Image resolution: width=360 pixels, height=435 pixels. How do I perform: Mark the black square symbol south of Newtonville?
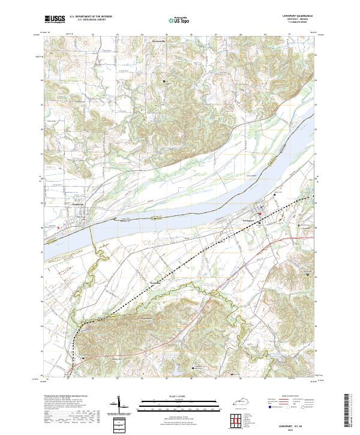point(164,80)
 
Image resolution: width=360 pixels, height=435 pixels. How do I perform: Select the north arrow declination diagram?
point(119,406)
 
